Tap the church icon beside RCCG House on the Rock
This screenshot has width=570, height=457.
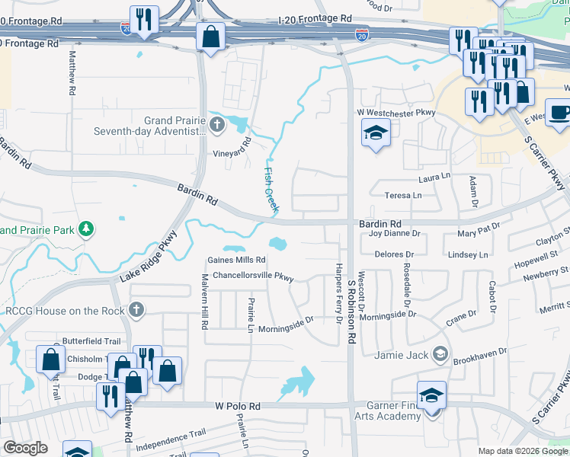tap(136, 310)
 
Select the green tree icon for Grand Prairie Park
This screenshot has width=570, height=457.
tap(87, 228)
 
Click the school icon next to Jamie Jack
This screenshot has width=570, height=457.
tap(440, 354)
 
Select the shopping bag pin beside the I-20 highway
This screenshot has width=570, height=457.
tap(210, 37)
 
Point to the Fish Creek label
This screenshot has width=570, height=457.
tap(271, 190)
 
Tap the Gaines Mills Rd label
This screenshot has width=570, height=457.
tap(237, 260)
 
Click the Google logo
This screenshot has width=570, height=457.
tap(25, 448)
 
